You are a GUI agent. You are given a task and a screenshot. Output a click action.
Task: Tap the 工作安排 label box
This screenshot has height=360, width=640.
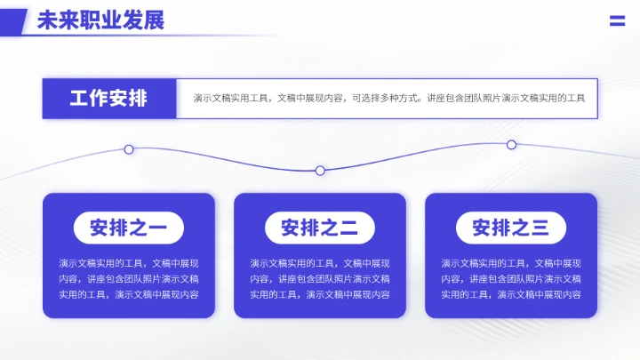[109, 99]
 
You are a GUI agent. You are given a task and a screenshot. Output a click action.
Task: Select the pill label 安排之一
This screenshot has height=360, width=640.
[129, 228]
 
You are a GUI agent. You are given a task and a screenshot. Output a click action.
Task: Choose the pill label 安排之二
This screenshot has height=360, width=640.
[320, 228]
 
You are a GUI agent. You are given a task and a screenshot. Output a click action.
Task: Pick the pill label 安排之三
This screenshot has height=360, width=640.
[511, 228]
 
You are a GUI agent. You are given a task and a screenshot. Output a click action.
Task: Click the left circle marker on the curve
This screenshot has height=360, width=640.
[129, 149]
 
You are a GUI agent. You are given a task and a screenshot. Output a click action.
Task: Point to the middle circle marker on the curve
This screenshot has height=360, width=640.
[320, 171]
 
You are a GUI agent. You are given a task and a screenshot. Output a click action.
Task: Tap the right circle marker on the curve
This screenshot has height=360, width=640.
[511, 145]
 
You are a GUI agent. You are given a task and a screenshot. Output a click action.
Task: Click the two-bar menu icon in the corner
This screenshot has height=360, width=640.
[617, 21]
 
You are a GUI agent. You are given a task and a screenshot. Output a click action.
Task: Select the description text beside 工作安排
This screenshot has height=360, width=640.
[389, 99]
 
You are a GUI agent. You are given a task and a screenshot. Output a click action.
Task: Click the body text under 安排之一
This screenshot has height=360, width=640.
[129, 278]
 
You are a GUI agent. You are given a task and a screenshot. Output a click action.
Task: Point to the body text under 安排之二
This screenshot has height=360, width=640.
[320, 278]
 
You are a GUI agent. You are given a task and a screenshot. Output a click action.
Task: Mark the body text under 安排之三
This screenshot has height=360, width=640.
[511, 278]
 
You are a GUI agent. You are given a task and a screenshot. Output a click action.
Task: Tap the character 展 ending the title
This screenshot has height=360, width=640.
[155, 20]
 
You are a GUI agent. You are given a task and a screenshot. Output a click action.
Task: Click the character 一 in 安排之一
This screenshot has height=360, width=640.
[157, 228]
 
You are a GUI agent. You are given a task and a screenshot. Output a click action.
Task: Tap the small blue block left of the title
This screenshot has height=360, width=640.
[12, 20]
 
